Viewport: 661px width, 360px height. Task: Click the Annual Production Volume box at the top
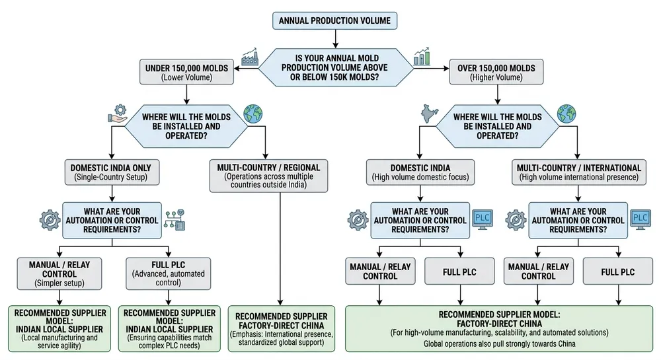334,20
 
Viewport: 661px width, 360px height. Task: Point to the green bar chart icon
421,56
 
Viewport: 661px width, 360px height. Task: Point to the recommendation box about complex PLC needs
169,328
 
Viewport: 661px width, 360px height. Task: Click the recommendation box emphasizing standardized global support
281,328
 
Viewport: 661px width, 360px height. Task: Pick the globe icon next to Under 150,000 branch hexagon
252,114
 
